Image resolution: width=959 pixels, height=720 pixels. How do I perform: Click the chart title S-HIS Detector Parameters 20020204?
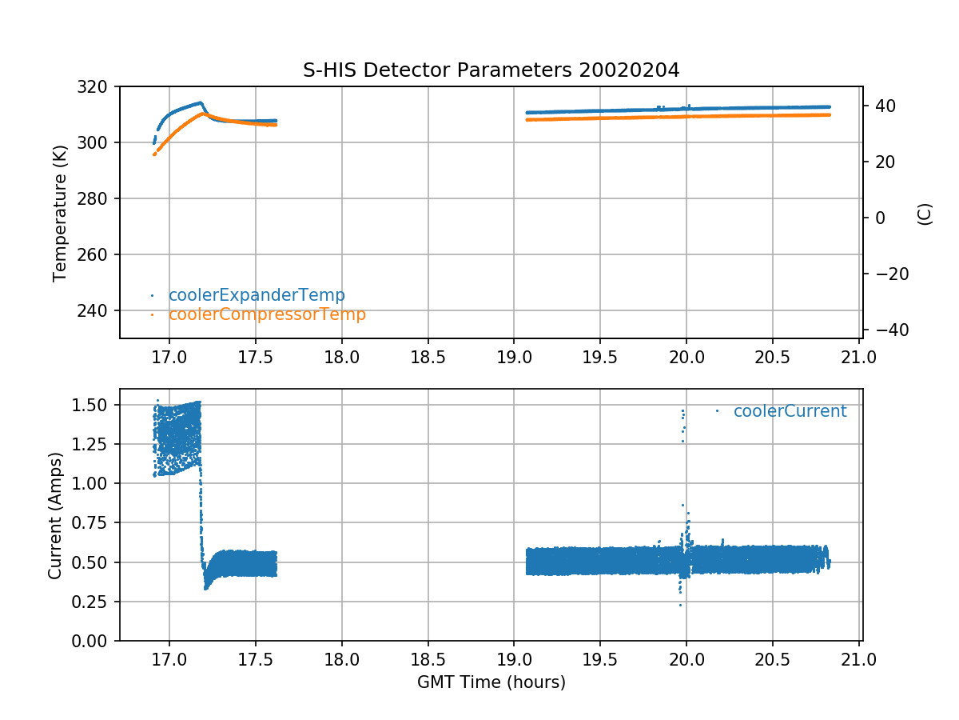pyautogui.click(x=491, y=70)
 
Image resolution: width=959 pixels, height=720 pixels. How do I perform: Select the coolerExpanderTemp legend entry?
pyautogui.click(x=257, y=295)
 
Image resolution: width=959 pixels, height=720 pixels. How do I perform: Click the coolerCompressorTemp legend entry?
pyautogui.click(x=267, y=314)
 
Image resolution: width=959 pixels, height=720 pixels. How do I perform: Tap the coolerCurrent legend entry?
pyautogui.click(x=790, y=411)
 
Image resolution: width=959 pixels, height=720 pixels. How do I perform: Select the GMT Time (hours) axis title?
pyautogui.click(x=491, y=682)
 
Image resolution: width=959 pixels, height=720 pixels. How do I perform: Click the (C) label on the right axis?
pyautogui.click(x=925, y=214)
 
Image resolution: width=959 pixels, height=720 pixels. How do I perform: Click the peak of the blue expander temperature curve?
pyautogui.click(x=200, y=102)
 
